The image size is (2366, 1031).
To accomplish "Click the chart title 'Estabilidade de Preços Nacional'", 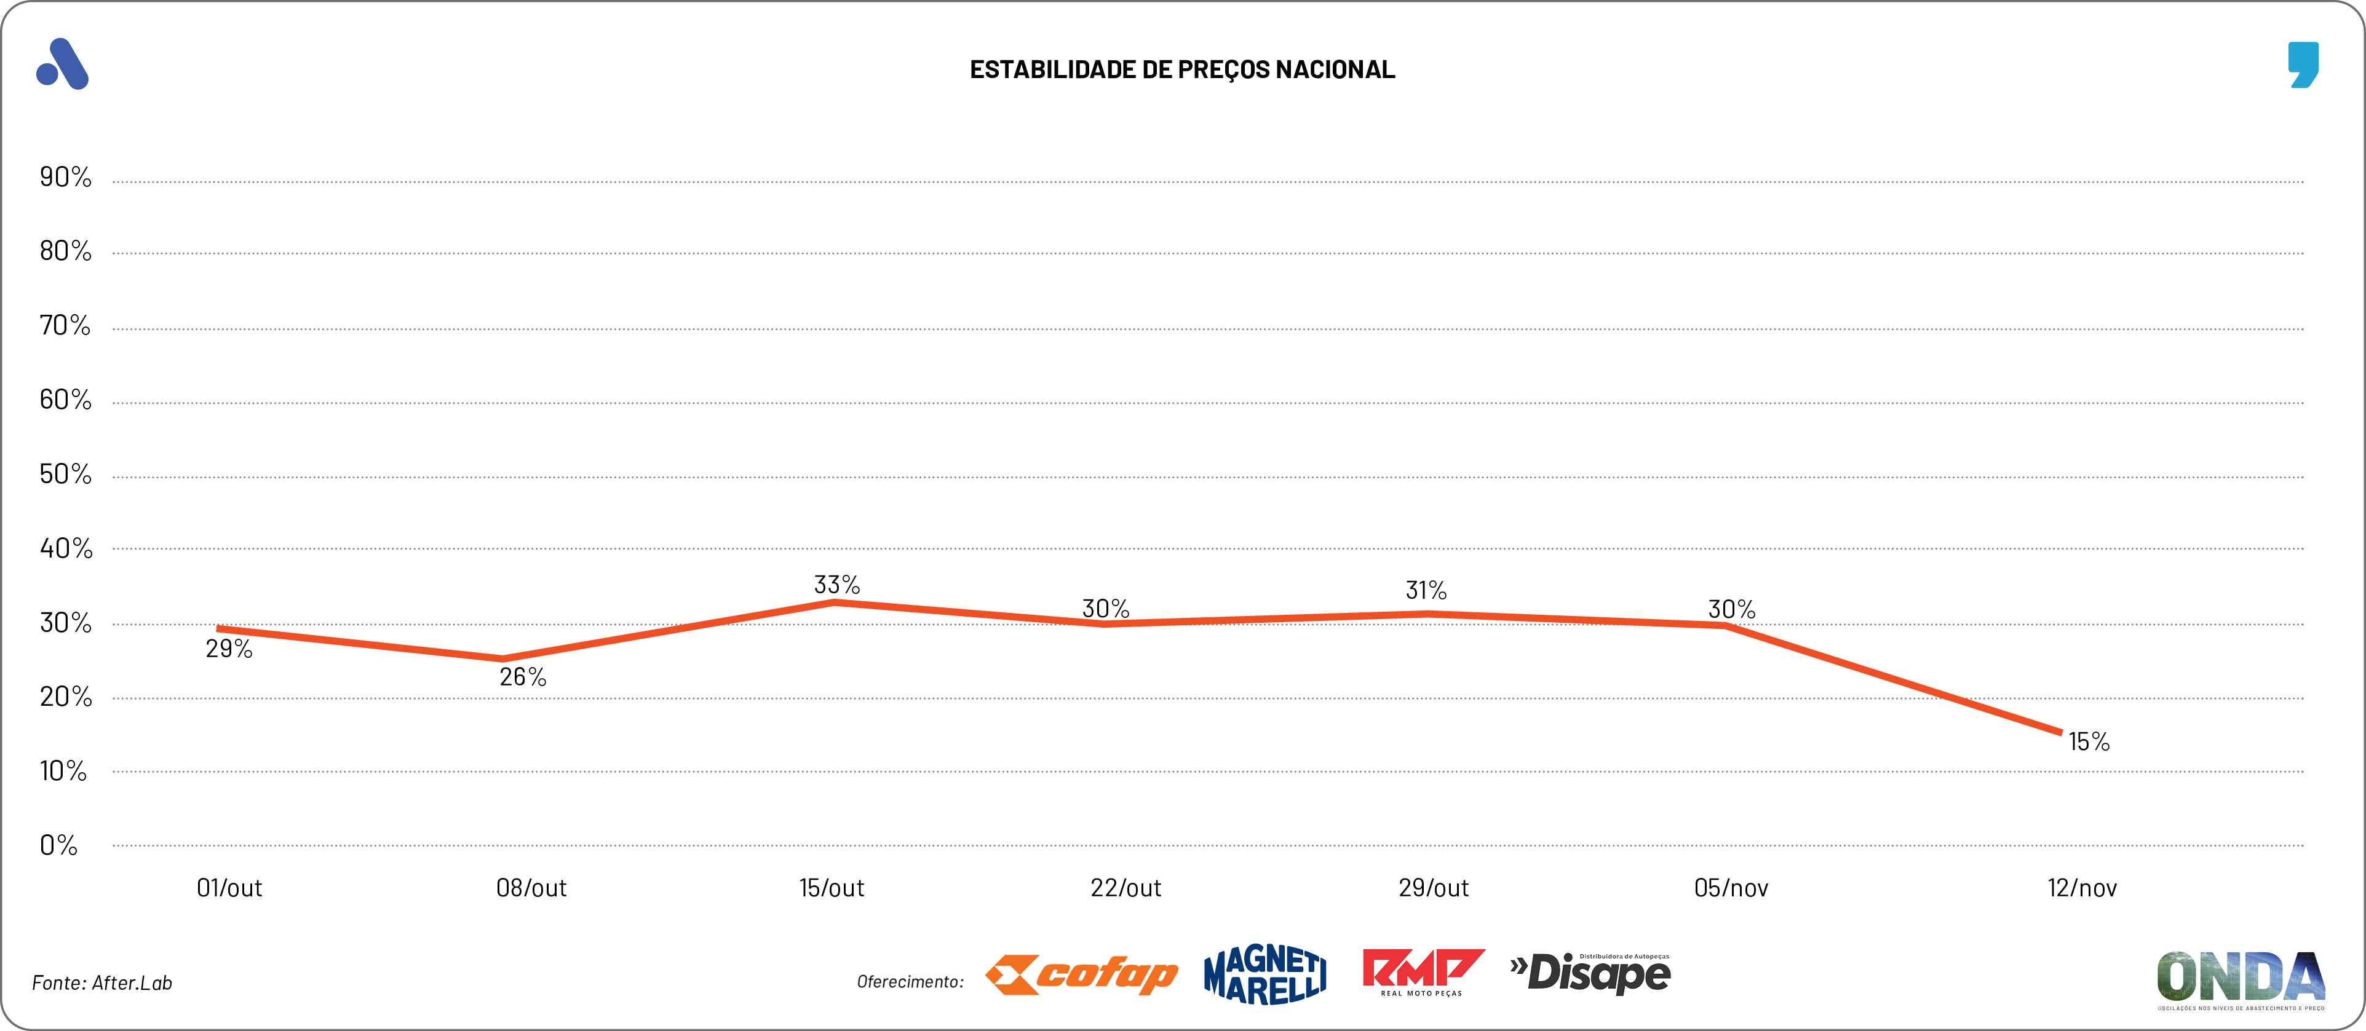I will tap(1182, 69).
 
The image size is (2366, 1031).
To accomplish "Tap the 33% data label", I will tap(836, 585).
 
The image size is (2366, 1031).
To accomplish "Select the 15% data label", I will tap(2089, 742).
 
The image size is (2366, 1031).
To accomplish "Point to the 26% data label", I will tap(523, 677).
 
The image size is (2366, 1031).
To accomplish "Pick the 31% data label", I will tap(1426, 590).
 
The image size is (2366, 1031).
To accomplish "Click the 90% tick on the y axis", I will tap(65, 177).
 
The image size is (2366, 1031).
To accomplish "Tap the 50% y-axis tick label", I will tap(65, 475).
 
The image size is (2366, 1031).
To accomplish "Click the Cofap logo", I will tap(1081, 975).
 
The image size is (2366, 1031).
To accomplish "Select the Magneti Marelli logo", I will tap(1264, 975).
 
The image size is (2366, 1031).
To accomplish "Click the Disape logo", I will tap(1591, 973).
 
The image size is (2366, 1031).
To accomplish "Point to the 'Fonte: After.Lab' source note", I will tap(102, 983).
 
